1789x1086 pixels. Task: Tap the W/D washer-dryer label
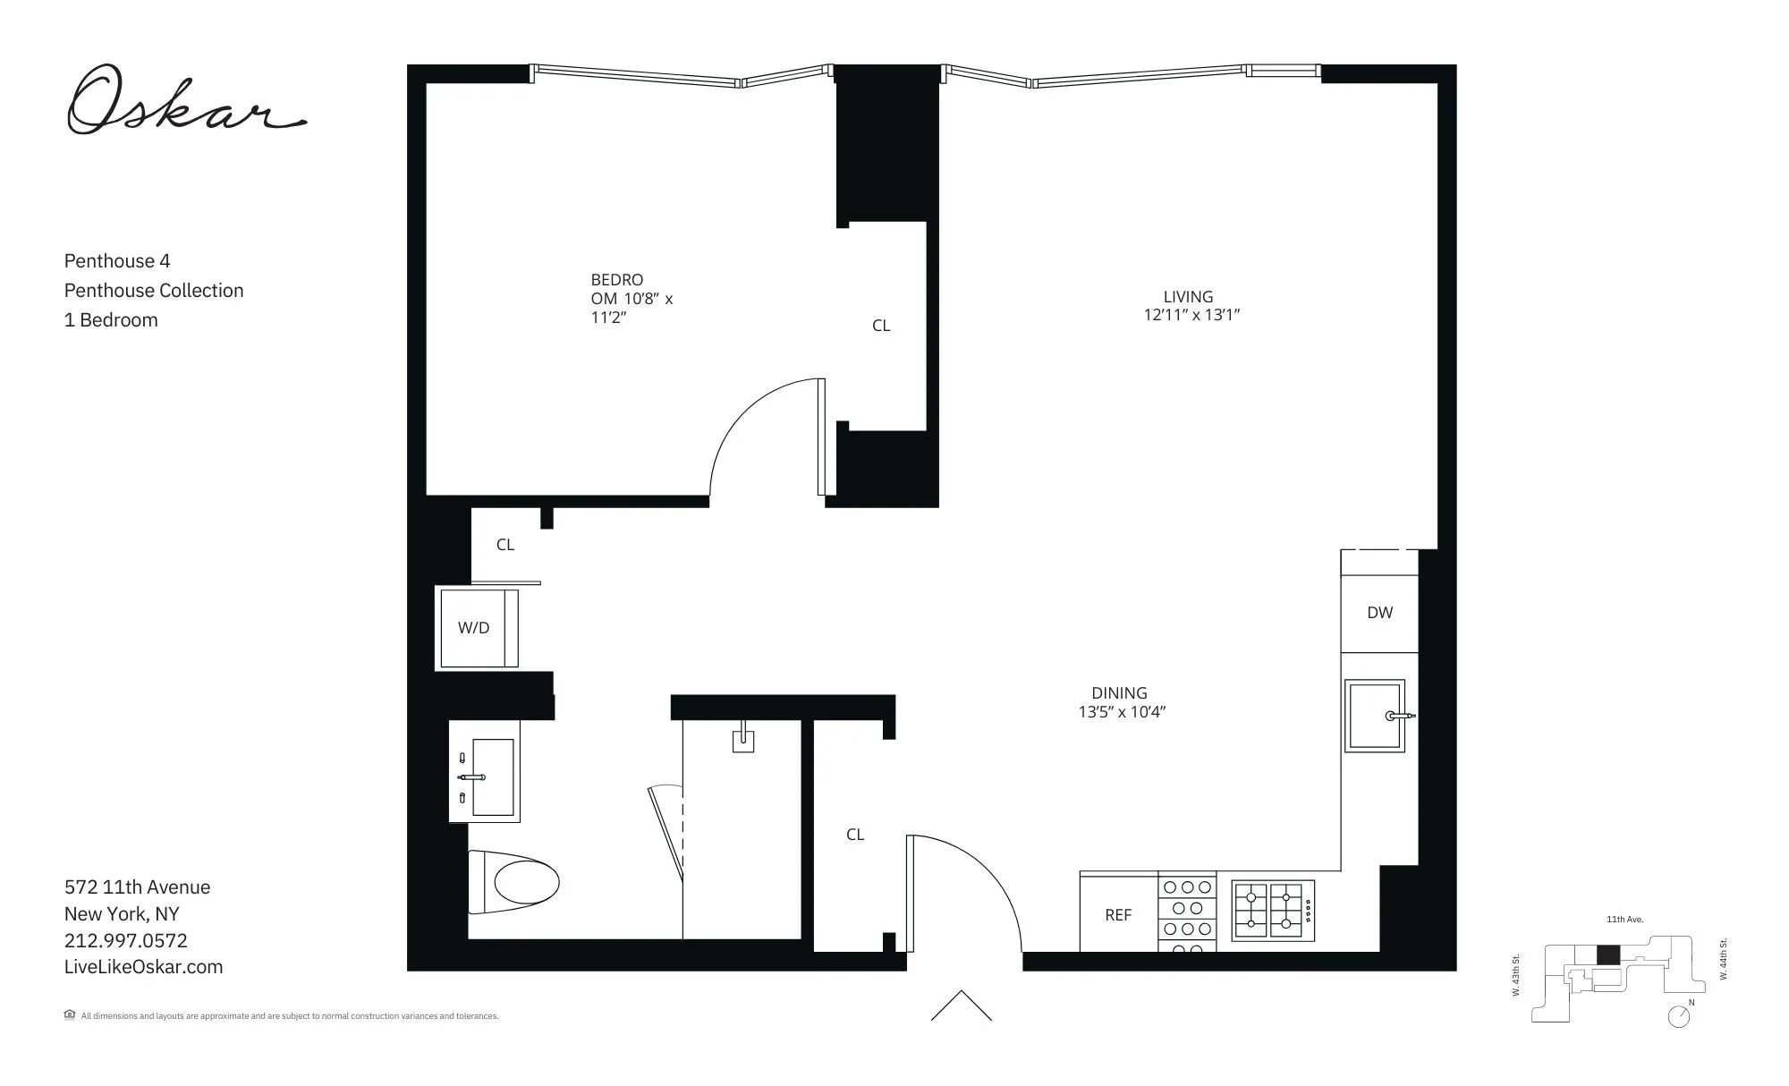(x=474, y=628)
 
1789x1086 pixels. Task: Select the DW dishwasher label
(x=1379, y=613)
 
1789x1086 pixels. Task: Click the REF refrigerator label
(x=1118, y=915)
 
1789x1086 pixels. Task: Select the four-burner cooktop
(x=1273, y=911)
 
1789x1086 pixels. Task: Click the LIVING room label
(x=1188, y=296)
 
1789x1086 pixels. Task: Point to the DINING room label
(x=1119, y=693)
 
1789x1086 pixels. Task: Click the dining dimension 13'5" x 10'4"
(x=1122, y=713)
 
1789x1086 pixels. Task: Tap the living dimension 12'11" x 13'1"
(x=1191, y=315)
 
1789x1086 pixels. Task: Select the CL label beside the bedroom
(x=881, y=326)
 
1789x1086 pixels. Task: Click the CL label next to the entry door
(x=855, y=835)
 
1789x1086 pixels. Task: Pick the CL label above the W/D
(x=505, y=545)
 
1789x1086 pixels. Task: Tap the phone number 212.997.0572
(x=126, y=940)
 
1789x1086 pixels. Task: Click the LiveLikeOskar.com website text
(x=143, y=967)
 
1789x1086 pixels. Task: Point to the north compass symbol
(x=1679, y=1016)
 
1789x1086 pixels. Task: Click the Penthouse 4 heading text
(x=117, y=261)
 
